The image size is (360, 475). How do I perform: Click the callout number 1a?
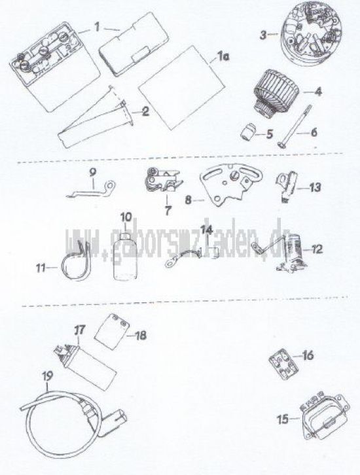[x=223, y=56]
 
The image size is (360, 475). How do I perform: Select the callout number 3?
[x=263, y=35]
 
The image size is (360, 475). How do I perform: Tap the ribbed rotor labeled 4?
[x=275, y=92]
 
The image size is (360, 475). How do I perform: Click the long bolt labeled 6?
[x=295, y=126]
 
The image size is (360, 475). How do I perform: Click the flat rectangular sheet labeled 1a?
[x=181, y=88]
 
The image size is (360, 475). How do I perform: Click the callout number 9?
[x=92, y=173]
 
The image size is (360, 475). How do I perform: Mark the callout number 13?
[x=315, y=187]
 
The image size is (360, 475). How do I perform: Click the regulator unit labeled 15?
[x=325, y=417]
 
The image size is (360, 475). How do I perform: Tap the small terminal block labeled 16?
[x=283, y=364]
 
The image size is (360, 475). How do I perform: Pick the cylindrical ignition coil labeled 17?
[x=86, y=368]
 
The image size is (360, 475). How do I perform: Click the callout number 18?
[x=141, y=336]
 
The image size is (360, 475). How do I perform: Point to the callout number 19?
[x=47, y=376]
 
